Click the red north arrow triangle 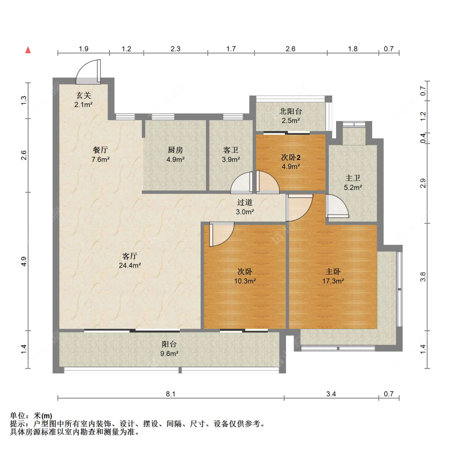[x=28, y=50]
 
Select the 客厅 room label [x=130, y=256]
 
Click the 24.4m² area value [x=130, y=265]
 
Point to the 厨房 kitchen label [x=176, y=150]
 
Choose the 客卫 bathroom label [x=231, y=150]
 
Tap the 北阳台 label [x=290, y=111]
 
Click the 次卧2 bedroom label [x=290, y=157]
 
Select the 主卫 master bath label [x=353, y=178]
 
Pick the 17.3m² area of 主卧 [x=333, y=281]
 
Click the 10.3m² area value [x=245, y=281]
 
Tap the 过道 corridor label [x=245, y=202]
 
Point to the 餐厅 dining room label [x=100, y=150]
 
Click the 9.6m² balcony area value [x=169, y=353]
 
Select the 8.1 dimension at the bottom [x=171, y=394]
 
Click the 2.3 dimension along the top [x=175, y=49]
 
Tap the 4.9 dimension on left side [x=24, y=262]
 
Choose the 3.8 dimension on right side [x=423, y=277]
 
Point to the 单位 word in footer [x=17, y=415]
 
